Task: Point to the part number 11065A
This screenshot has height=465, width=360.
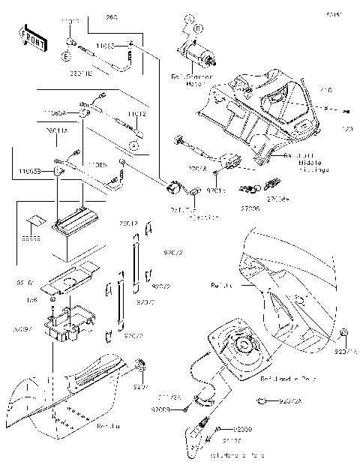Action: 54,112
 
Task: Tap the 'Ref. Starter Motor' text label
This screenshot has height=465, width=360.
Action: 192,79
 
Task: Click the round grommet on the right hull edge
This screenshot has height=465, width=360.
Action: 343,332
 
